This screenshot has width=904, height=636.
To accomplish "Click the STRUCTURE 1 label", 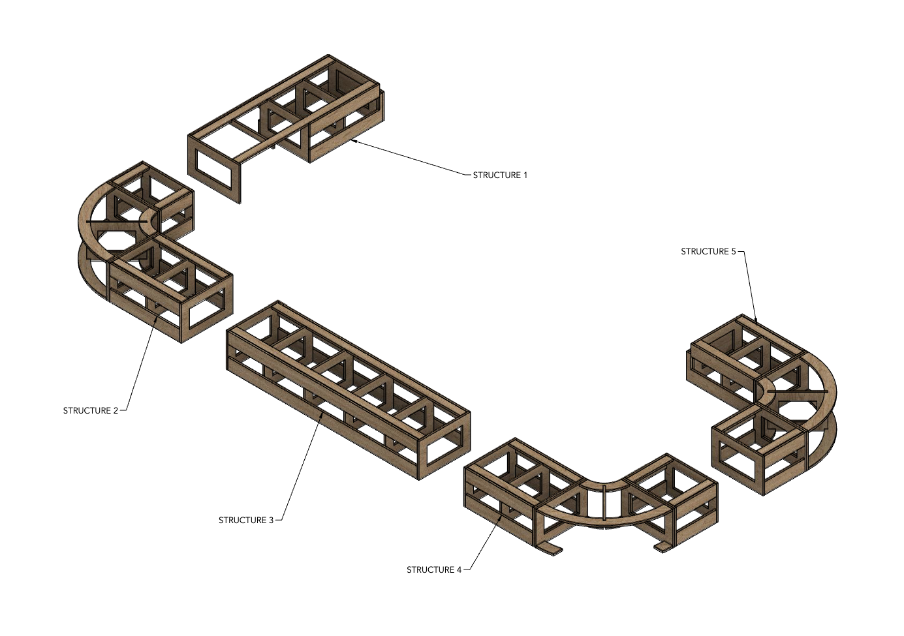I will click(x=499, y=175).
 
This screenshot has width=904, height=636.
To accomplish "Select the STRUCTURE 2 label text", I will click(x=91, y=410).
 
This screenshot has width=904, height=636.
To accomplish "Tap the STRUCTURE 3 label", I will click(x=246, y=520).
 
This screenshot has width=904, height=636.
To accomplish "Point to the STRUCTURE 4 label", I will click(x=434, y=569).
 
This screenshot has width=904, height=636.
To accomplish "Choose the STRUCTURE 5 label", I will click(x=708, y=251).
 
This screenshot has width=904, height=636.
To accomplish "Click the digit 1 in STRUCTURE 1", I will click(x=525, y=175).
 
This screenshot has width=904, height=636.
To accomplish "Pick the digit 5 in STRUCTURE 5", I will click(x=733, y=251).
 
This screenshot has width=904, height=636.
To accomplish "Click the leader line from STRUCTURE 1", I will click(x=411, y=157).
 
